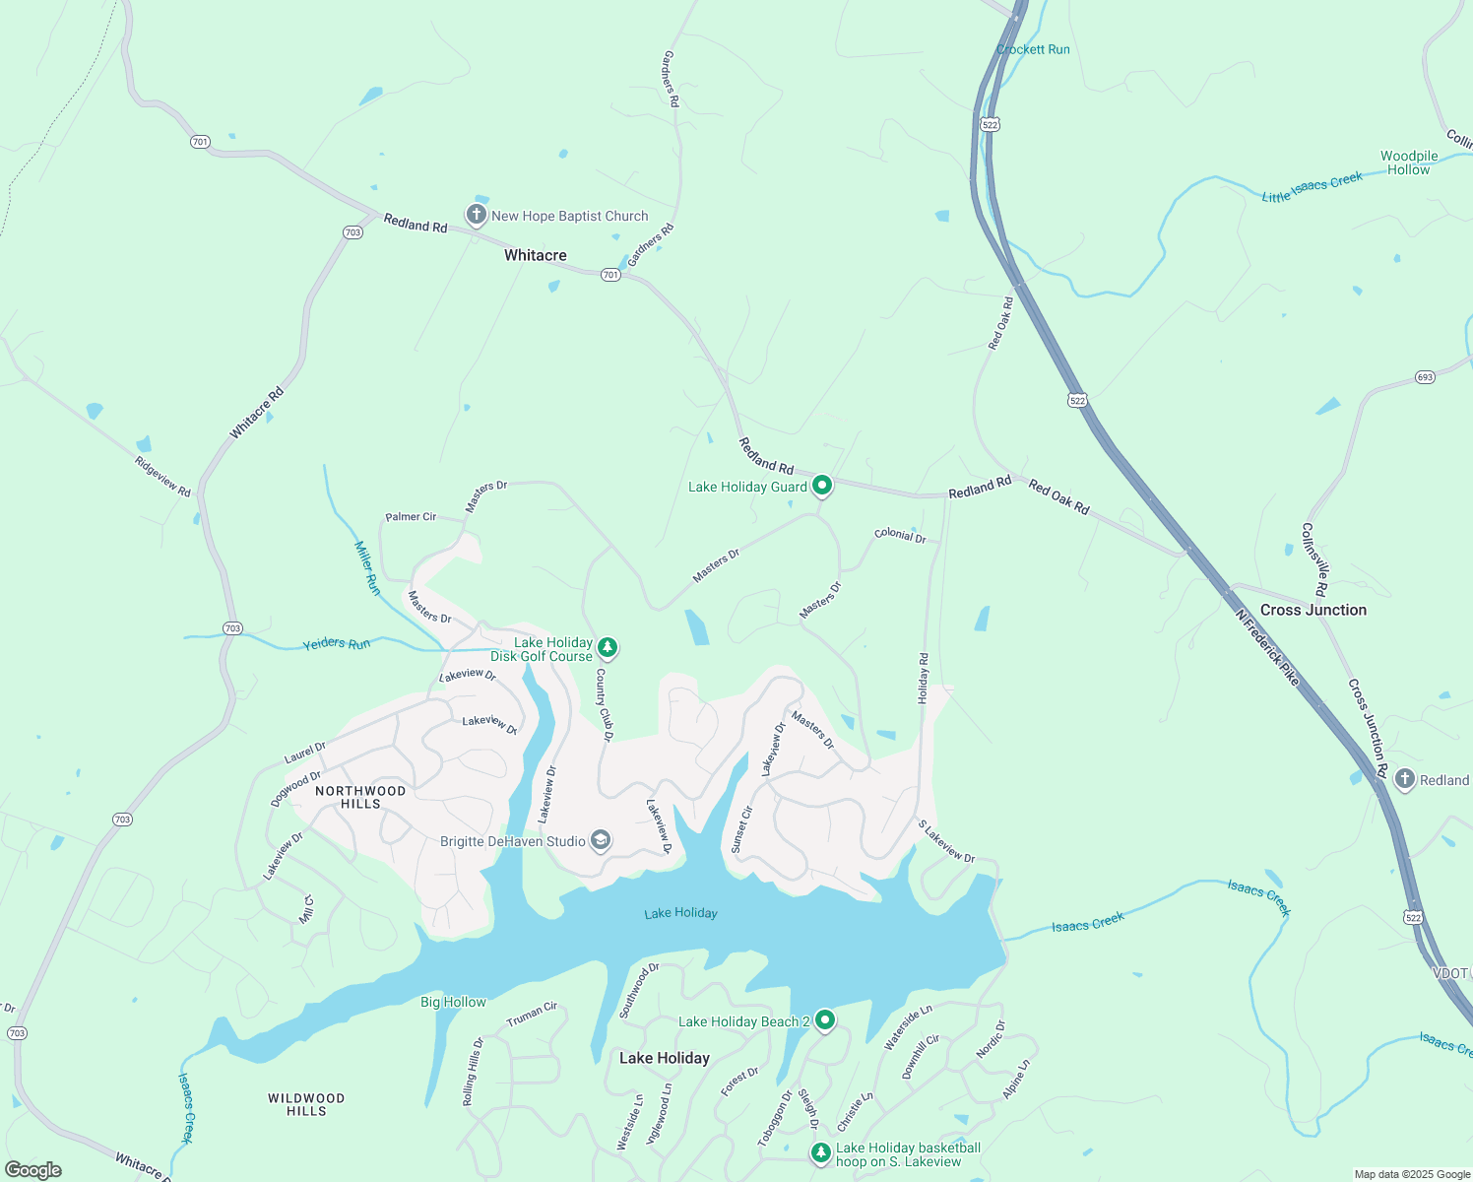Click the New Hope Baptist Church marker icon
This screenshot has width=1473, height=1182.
(x=477, y=215)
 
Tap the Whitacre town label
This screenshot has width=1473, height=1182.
(x=535, y=255)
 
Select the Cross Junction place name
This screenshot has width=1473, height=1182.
(x=1313, y=610)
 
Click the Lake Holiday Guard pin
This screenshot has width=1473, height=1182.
(x=822, y=486)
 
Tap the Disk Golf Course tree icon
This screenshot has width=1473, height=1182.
(x=608, y=648)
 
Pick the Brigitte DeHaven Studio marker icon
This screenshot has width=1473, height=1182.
(x=601, y=841)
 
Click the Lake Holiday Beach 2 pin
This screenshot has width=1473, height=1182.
(x=825, y=1020)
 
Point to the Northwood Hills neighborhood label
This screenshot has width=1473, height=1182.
(x=360, y=797)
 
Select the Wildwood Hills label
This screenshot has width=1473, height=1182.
(x=306, y=1104)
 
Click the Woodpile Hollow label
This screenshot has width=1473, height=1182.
(x=1409, y=163)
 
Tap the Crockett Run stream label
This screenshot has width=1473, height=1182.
(x=1033, y=49)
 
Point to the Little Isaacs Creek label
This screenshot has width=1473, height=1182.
(x=1312, y=187)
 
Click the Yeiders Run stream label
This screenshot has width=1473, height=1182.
(x=337, y=644)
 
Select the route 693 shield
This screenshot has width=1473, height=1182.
(x=1425, y=377)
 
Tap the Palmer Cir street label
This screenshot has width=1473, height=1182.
(x=411, y=517)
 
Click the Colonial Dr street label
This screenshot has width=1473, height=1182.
(x=900, y=535)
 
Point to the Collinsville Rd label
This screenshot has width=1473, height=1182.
(x=1314, y=559)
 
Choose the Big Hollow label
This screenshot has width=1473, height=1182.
(x=453, y=1002)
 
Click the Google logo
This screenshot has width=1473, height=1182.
(x=33, y=1170)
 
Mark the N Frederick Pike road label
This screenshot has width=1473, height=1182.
(x=1267, y=647)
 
